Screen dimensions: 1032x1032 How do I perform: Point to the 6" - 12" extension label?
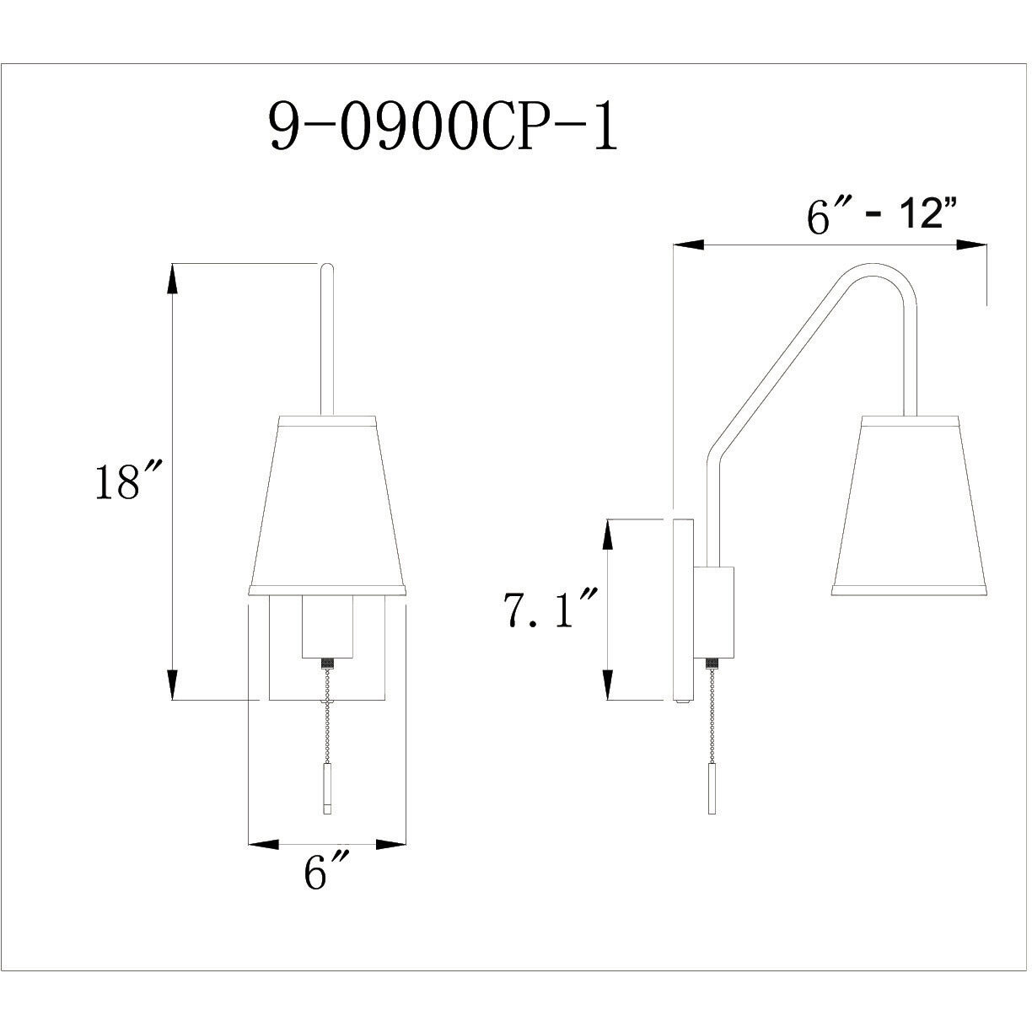pyautogui.click(x=884, y=218)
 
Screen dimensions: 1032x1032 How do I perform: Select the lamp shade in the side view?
pyautogui.click(x=910, y=506)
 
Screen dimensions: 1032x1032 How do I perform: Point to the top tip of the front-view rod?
pyautogui.click(x=327, y=268)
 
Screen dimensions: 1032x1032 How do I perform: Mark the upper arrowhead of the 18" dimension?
pyautogui.click(x=173, y=278)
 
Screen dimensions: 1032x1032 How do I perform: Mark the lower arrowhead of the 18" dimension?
pyautogui.click(x=173, y=685)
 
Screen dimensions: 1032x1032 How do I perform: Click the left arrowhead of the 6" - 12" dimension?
pyautogui.click(x=687, y=245)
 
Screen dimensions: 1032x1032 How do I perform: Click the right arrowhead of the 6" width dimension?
pyautogui.click(x=391, y=843)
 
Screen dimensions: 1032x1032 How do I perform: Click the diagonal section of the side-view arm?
pyautogui.click(x=776, y=363)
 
